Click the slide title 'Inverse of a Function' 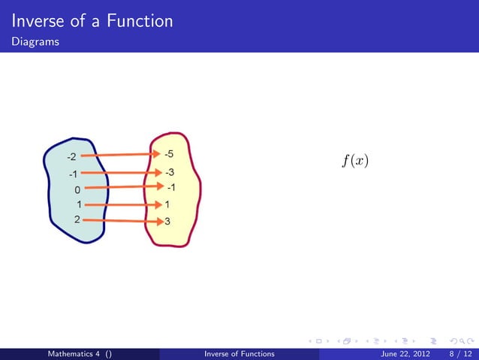pos(92,21)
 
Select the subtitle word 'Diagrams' pos(35,43)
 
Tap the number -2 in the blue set pos(71,158)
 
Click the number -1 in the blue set pos(73,174)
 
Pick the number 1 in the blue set pos(79,204)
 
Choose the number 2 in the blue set pos(78,219)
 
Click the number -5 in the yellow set pos(170,154)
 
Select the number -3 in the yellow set pos(170,173)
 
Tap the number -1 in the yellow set pos(171,186)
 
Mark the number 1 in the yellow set pos(167,204)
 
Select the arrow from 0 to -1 pos(124,187)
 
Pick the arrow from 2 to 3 pos(124,221)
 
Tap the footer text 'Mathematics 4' pos(75,353)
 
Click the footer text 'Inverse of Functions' pos(239,353)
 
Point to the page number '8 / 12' pos(457,353)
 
